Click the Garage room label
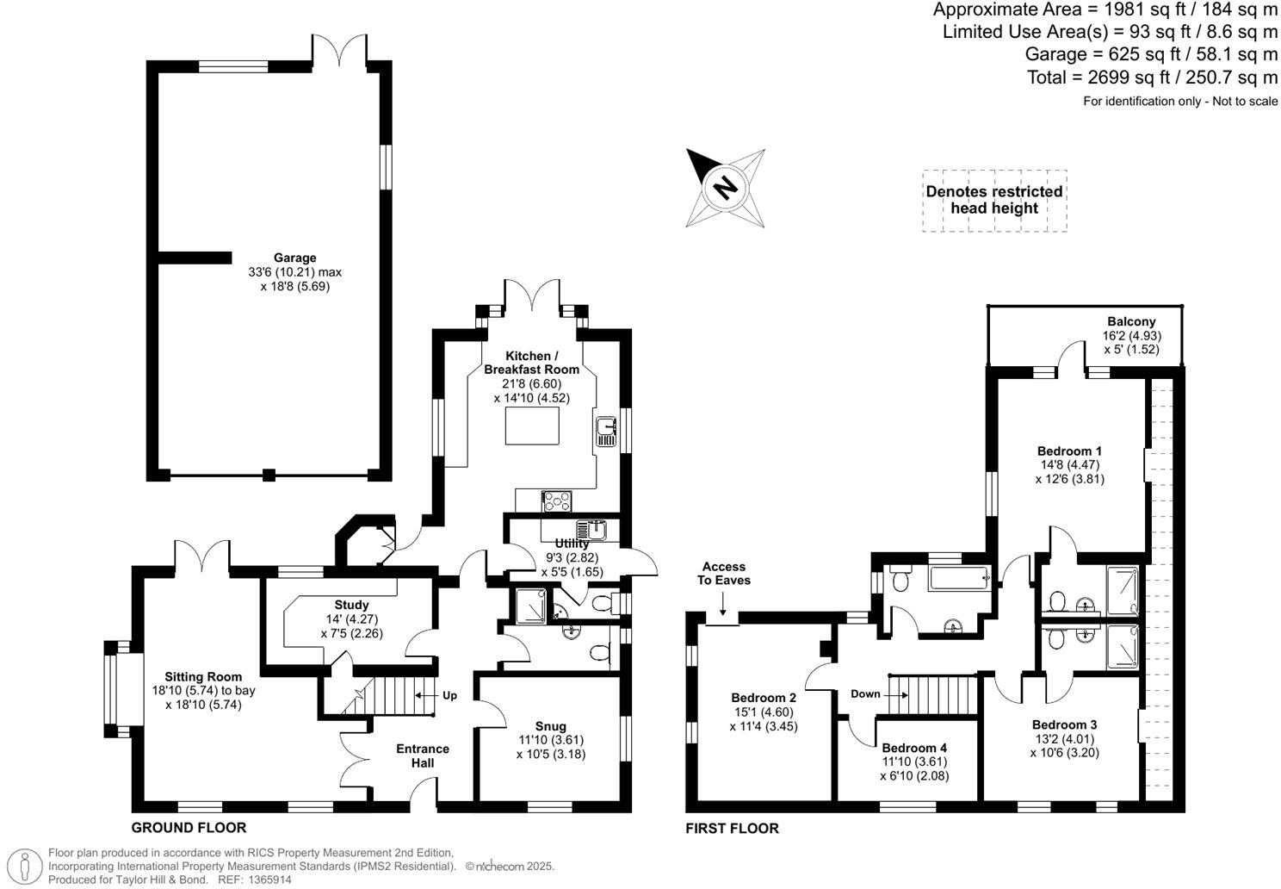pyautogui.click(x=295, y=258)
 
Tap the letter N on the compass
pyautogui.click(x=726, y=186)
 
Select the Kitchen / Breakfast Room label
pyautogui.click(x=531, y=363)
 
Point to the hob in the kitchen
pyautogui.click(x=557, y=500)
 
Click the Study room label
pyautogui.click(x=351, y=605)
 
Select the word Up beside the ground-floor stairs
pyautogui.click(x=449, y=695)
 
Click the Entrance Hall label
pyautogui.click(x=423, y=755)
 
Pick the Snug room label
pyautogui.click(x=550, y=726)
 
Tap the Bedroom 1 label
pyautogui.click(x=1069, y=451)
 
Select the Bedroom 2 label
pyautogui.click(x=763, y=698)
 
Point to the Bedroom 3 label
pyautogui.click(x=1064, y=724)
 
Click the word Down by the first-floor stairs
pyautogui.click(x=866, y=693)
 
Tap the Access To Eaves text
pyautogui.click(x=724, y=573)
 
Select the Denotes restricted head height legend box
pyautogui.click(x=994, y=200)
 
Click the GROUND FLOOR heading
pyautogui.click(x=189, y=828)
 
